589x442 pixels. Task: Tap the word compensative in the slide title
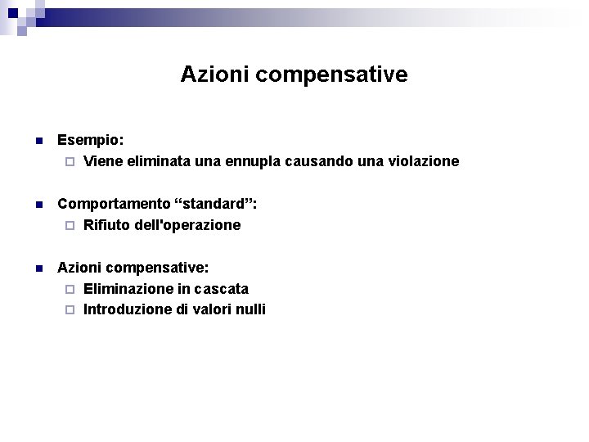[331, 75]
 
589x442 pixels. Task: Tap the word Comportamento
[112, 204]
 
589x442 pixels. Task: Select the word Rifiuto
[107, 225]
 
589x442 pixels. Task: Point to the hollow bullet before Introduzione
[70, 310]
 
